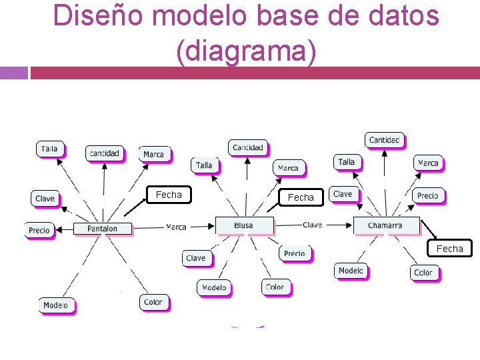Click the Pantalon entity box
point(102,229)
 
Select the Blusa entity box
point(244,226)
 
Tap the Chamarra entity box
point(385,226)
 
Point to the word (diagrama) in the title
point(246,53)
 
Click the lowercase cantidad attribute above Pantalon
point(104,153)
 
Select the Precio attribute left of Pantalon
point(39,230)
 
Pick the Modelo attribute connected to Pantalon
point(56,305)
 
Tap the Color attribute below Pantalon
point(153,302)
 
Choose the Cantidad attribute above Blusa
point(248,147)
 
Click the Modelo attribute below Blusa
point(214,287)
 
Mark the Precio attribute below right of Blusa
point(294,253)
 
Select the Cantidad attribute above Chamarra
point(385,140)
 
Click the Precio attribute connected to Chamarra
point(427,195)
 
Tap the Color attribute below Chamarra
point(423,273)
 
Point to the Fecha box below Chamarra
point(449,249)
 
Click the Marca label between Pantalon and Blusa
point(176,227)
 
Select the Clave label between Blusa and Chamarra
point(312,225)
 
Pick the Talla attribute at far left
point(50,149)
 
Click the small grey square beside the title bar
point(14,73)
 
